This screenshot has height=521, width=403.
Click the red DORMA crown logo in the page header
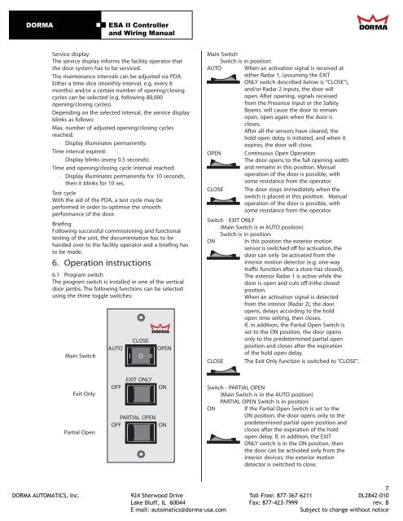click(x=373, y=22)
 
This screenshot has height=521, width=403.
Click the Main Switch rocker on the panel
click(x=141, y=356)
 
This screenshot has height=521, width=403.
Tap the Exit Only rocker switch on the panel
click(x=141, y=394)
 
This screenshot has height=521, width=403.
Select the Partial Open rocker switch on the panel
click(x=141, y=432)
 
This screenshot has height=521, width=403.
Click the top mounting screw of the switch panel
click(x=141, y=317)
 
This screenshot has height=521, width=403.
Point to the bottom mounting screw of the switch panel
click(x=141, y=454)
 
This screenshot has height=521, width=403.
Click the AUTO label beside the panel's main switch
click(x=116, y=348)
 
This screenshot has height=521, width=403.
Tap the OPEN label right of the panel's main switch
click(x=164, y=348)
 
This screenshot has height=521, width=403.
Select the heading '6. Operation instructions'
click(x=101, y=263)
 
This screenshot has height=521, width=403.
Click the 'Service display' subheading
click(x=71, y=55)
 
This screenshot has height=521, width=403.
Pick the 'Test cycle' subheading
click(x=64, y=193)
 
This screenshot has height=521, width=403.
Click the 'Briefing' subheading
click(x=61, y=224)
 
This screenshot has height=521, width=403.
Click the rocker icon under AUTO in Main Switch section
click(x=223, y=80)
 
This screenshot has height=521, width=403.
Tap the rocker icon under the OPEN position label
click(x=223, y=164)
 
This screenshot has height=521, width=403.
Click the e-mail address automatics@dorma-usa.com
click(x=188, y=510)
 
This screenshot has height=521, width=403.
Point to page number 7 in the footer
click(x=387, y=488)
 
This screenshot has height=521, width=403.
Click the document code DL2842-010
click(x=374, y=496)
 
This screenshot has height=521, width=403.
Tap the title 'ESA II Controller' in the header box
click(x=138, y=25)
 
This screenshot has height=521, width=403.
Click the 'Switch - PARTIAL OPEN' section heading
click(x=236, y=387)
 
